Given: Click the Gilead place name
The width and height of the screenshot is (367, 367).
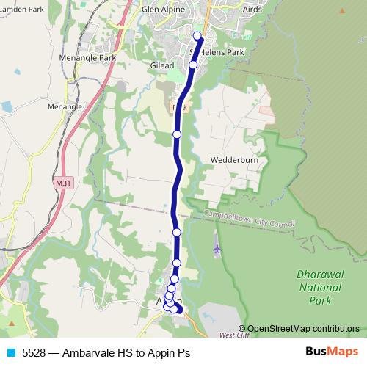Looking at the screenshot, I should tap(162, 65).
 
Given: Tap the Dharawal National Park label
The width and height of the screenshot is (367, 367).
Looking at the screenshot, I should tap(320, 287).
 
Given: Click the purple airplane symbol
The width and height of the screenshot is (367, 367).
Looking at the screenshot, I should tap(217, 250).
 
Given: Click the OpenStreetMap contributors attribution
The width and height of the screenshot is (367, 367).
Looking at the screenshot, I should tap(303, 329).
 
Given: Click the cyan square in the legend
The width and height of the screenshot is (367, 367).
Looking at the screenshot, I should tap(10, 353).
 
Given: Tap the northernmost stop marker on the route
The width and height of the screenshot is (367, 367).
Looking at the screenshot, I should tap(197, 36).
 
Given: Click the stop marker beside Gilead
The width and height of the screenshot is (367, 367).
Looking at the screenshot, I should tap(193, 65).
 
